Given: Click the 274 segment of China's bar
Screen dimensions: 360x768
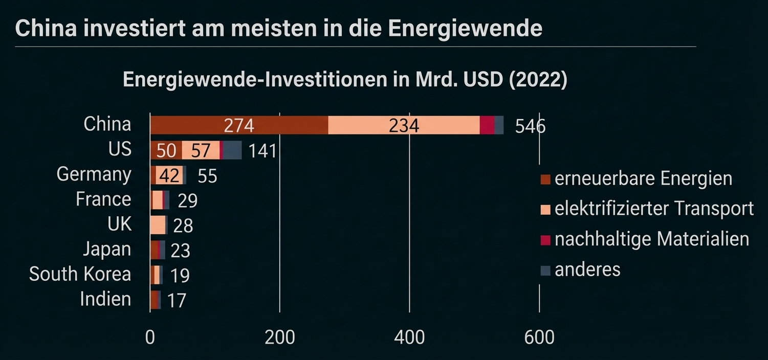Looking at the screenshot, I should tap(239, 125).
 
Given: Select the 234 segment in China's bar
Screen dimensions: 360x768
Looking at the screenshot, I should tap(404, 125).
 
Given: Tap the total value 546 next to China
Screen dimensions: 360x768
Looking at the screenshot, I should tap(530, 126).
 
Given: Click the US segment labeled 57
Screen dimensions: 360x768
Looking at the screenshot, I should tap(200, 151).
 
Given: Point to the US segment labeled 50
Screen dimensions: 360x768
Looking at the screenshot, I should tap(166, 151).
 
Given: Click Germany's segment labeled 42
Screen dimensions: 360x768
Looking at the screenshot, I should tap(169, 176).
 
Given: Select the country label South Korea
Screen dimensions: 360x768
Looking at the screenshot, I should tap(80, 274).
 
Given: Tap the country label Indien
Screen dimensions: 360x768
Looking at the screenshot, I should tap(105, 299).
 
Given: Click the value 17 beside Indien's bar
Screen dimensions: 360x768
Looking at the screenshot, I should tap(177, 301).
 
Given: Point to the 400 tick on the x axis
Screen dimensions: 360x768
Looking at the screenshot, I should tap(409, 337).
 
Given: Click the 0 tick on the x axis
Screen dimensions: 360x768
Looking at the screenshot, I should tap(150, 337).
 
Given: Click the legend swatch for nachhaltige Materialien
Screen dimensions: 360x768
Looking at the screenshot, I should tap(545, 240).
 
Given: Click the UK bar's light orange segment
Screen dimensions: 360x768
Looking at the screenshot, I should tap(158, 225).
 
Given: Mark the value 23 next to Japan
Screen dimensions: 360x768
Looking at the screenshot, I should tap(180, 251).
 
